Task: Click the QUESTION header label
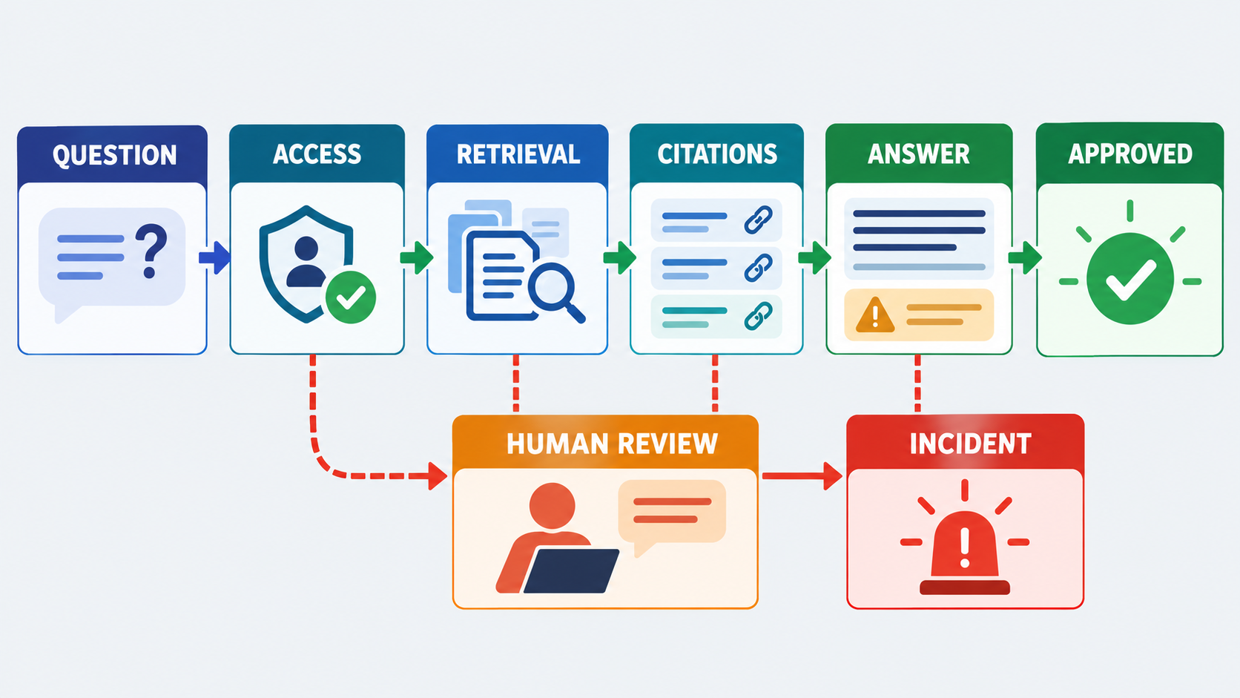(x=115, y=155)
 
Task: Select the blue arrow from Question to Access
(x=214, y=257)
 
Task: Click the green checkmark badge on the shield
(x=350, y=297)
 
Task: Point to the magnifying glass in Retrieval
(x=555, y=292)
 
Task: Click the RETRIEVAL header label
(x=518, y=154)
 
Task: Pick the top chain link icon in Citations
(x=758, y=220)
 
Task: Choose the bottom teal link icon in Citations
(x=758, y=316)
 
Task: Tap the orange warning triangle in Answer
(x=874, y=315)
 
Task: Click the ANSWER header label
(x=918, y=154)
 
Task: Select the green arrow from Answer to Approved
(x=1025, y=257)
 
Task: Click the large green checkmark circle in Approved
(x=1129, y=278)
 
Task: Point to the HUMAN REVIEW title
(x=612, y=444)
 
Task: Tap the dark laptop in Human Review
(x=571, y=570)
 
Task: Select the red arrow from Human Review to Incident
(x=802, y=476)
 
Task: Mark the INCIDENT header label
(x=970, y=444)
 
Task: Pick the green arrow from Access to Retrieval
(x=416, y=257)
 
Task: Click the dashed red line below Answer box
(x=918, y=383)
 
